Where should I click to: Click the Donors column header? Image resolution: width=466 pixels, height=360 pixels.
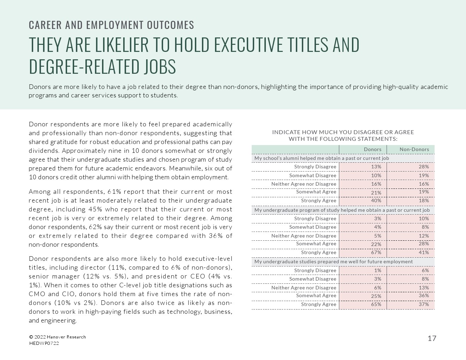[372, 149]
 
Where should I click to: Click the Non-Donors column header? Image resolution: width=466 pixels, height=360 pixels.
[414, 149]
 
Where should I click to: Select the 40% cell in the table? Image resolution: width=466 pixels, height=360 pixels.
[376, 200]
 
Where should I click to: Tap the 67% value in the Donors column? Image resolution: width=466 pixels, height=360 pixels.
[376, 252]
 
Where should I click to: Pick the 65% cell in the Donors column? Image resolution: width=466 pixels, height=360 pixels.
[376, 304]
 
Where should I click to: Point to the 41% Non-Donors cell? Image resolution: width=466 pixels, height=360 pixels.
[424, 252]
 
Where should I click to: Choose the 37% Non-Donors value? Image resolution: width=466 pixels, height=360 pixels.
[424, 304]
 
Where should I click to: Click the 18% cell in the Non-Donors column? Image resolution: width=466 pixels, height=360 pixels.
[424, 200]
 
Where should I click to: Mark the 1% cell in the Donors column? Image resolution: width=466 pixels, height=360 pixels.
[378, 270]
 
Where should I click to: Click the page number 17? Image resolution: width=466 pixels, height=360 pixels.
[432, 338]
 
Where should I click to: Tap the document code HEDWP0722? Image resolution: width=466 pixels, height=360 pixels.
[44, 343]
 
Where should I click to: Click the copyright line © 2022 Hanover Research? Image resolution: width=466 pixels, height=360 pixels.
[57, 337]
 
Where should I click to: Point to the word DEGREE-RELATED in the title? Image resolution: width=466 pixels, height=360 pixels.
[84, 66]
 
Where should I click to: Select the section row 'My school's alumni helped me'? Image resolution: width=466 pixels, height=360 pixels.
[321, 158]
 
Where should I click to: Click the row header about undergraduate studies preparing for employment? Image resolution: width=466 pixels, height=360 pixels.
[333, 262]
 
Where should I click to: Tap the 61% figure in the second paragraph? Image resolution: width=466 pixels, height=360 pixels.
[114, 192]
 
